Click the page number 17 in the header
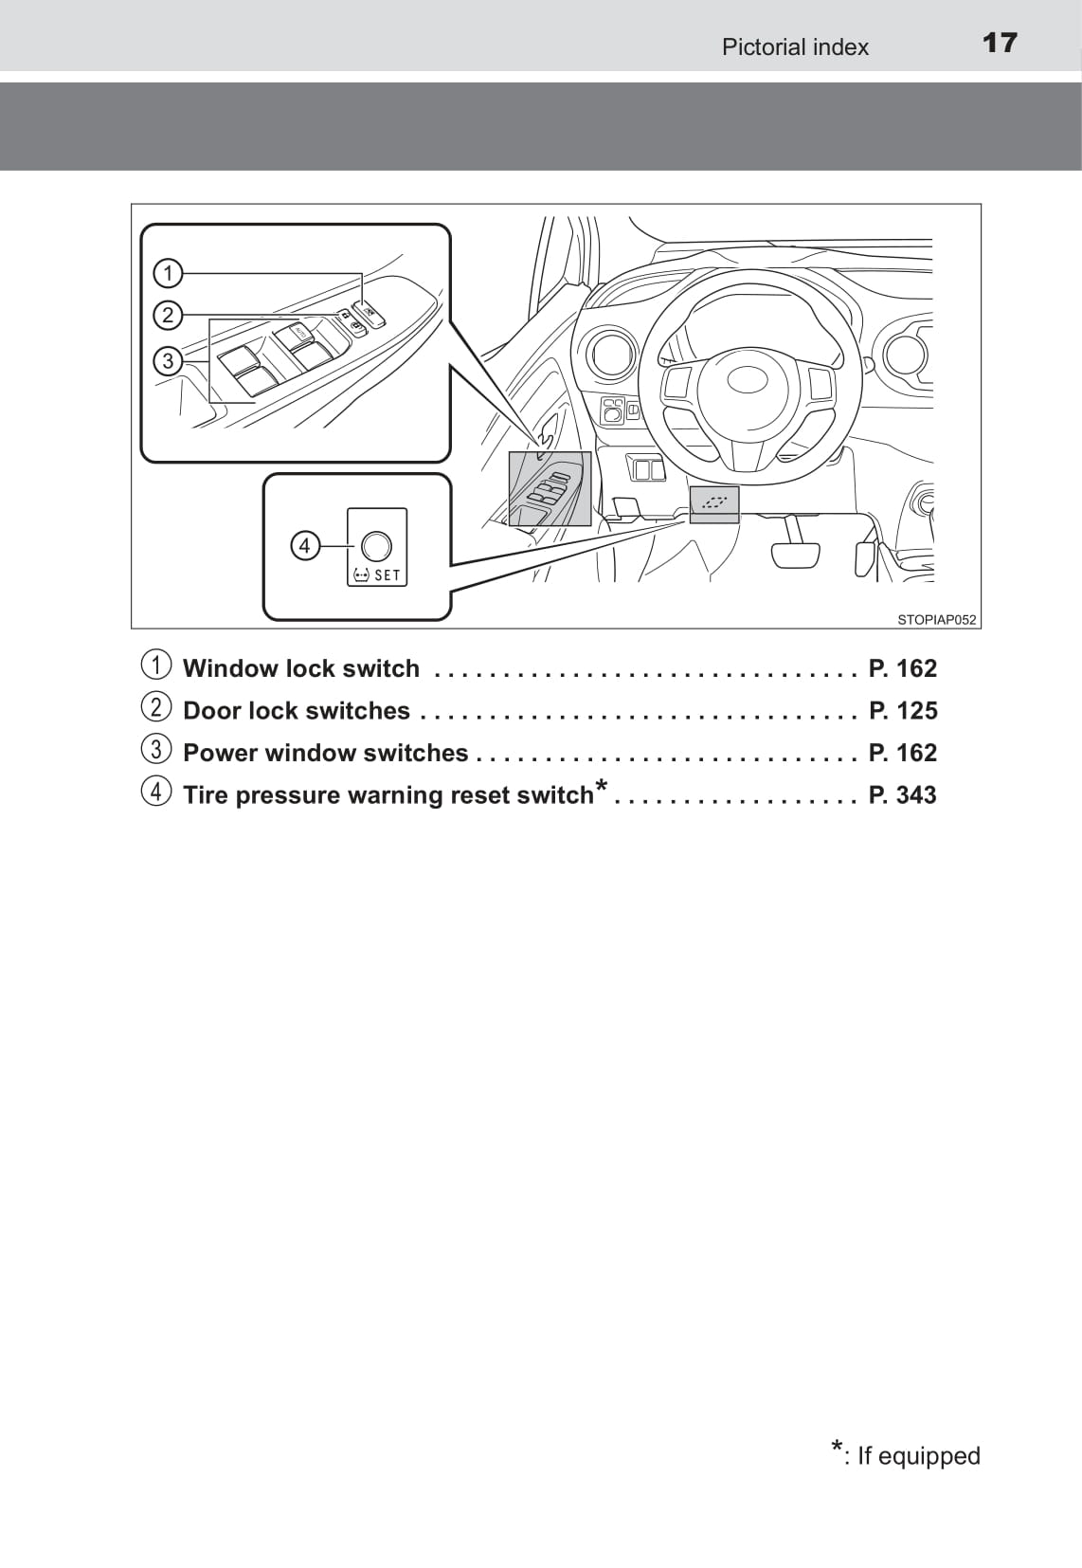point(1000,44)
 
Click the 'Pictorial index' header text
point(794,47)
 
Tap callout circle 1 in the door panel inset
point(168,274)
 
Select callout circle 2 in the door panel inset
point(168,315)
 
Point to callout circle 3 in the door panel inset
point(168,361)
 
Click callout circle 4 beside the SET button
point(304,545)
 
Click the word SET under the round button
point(388,575)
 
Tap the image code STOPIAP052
point(936,620)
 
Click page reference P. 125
point(903,711)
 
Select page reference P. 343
point(903,794)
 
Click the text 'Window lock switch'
point(300,669)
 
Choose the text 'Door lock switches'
point(296,711)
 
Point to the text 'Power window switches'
point(325,753)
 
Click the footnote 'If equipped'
point(917,1456)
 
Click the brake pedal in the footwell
point(794,554)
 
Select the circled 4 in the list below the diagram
point(157,791)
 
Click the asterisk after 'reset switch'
point(601,787)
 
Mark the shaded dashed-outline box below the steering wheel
point(714,502)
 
